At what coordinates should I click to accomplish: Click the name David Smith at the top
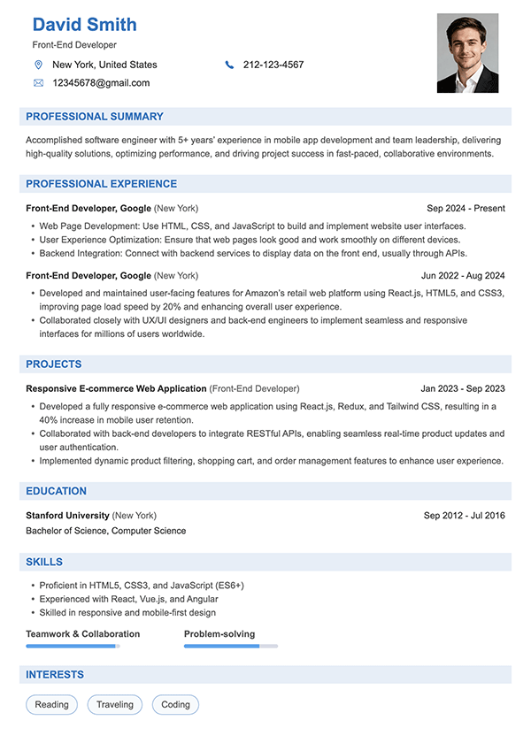click(84, 24)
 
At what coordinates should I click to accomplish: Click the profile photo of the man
click(467, 53)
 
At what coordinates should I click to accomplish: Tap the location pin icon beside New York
click(38, 65)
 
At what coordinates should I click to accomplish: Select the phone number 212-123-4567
click(273, 65)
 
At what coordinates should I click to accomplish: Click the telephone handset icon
click(229, 65)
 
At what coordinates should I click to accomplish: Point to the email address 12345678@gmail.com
click(101, 83)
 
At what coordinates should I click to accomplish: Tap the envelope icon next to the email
click(38, 83)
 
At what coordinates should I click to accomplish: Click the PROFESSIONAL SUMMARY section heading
click(95, 117)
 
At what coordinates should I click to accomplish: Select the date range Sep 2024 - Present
click(466, 209)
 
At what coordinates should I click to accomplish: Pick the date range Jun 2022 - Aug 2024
click(463, 276)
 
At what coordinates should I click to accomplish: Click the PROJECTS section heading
click(54, 364)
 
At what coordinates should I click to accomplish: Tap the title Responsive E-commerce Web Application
click(116, 388)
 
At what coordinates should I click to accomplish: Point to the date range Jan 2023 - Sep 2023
click(463, 388)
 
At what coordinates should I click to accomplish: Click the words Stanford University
click(68, 515)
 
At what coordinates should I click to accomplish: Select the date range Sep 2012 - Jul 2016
click(464, 515)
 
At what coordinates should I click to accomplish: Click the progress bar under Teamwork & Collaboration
click(73, 646)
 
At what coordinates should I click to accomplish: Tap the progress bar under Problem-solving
click(231, 646)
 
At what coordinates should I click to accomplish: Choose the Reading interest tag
click(52, 705)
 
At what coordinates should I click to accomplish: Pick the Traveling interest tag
click(115, 705)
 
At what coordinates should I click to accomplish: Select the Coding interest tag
click(175, 705)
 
